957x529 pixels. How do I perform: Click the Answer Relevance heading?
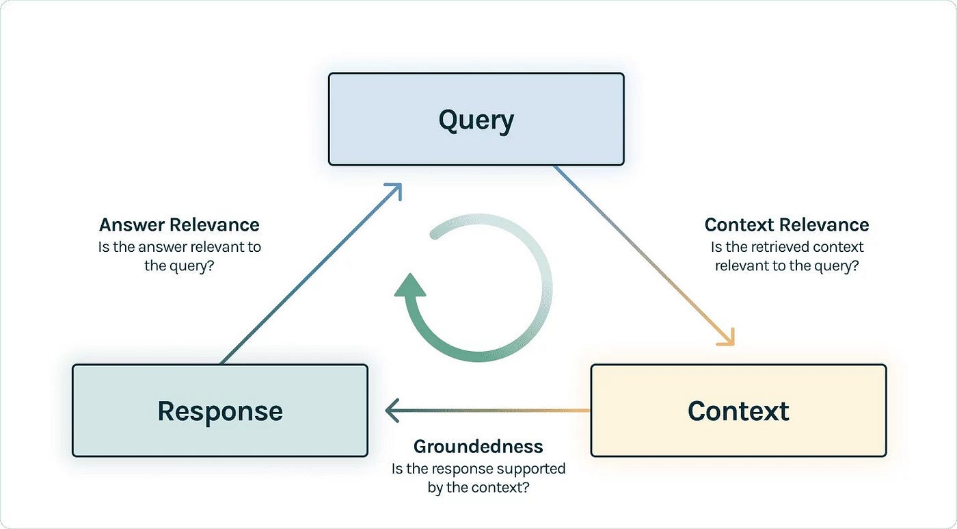click(x=179, y=224)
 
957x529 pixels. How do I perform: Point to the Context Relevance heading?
click(x=786, y=224)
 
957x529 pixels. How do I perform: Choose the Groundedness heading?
click(x=478, y=447)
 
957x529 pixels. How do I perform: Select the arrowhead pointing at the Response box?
click(x=392, y=411)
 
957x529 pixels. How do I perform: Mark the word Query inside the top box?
click(x=476, y=120)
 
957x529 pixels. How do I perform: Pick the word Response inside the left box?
click(x=219, y=411)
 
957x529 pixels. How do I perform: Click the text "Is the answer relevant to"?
click(x=179, y=246)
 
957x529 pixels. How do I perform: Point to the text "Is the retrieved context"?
click(x=787, y=246)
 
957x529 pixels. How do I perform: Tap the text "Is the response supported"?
click(x=478, y=469)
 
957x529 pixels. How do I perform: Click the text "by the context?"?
click(x=478, y=489)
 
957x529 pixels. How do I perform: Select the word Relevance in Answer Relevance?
click(x=215, y=224)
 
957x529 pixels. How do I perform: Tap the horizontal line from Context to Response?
click(x=492, y=411)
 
